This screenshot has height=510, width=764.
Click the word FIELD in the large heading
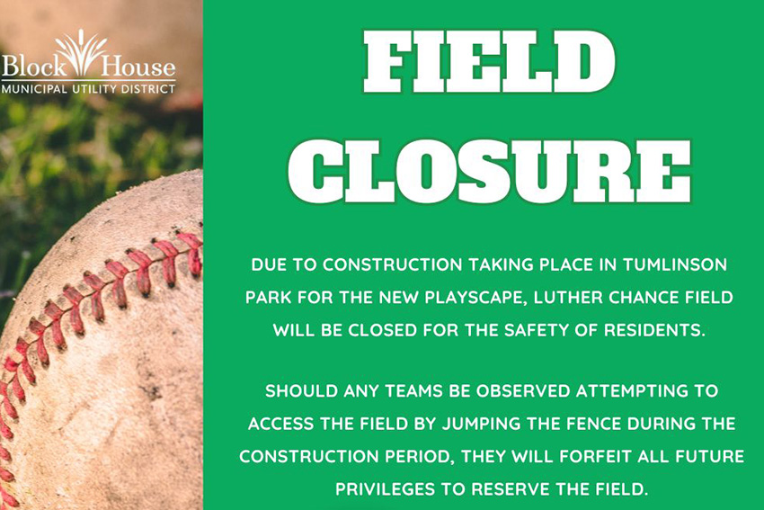coord(489,62)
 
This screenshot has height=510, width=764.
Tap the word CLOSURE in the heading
coord(489,171)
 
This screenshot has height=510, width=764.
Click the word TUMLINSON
coord(675,264)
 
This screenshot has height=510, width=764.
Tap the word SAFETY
coord(536,330)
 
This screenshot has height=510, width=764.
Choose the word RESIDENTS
coord(654,330)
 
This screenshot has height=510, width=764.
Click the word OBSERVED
coord(523,391)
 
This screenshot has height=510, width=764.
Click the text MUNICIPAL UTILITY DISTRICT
coord(88,89)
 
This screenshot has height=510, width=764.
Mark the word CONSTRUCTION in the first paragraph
coord(392,264)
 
